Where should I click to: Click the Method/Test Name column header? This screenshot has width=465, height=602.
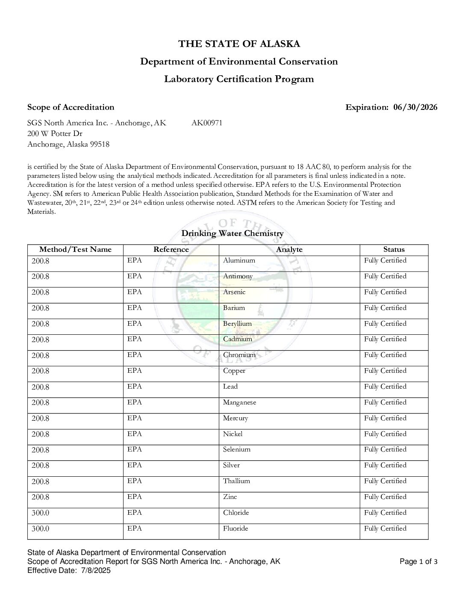tap(75, 250)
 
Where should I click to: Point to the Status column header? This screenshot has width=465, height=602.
tap(394, 250)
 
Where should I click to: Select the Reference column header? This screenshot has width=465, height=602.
tap(171, 250)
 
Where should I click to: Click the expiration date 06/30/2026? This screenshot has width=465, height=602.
tap(415, 107)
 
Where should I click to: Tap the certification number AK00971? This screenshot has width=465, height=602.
tap(207, 123)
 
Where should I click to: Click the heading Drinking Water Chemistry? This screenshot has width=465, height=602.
tap(232, 233)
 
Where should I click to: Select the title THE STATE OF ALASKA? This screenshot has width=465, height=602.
tap(239, 44)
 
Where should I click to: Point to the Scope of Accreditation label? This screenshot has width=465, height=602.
tap(71, 107)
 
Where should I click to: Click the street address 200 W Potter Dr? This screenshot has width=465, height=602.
tap(55, 133)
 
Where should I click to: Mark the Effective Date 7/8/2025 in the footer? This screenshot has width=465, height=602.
tap(69, 570)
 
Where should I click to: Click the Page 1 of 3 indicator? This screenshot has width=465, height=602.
tap(418, 562)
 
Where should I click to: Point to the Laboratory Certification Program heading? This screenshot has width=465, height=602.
tap(239, 79)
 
